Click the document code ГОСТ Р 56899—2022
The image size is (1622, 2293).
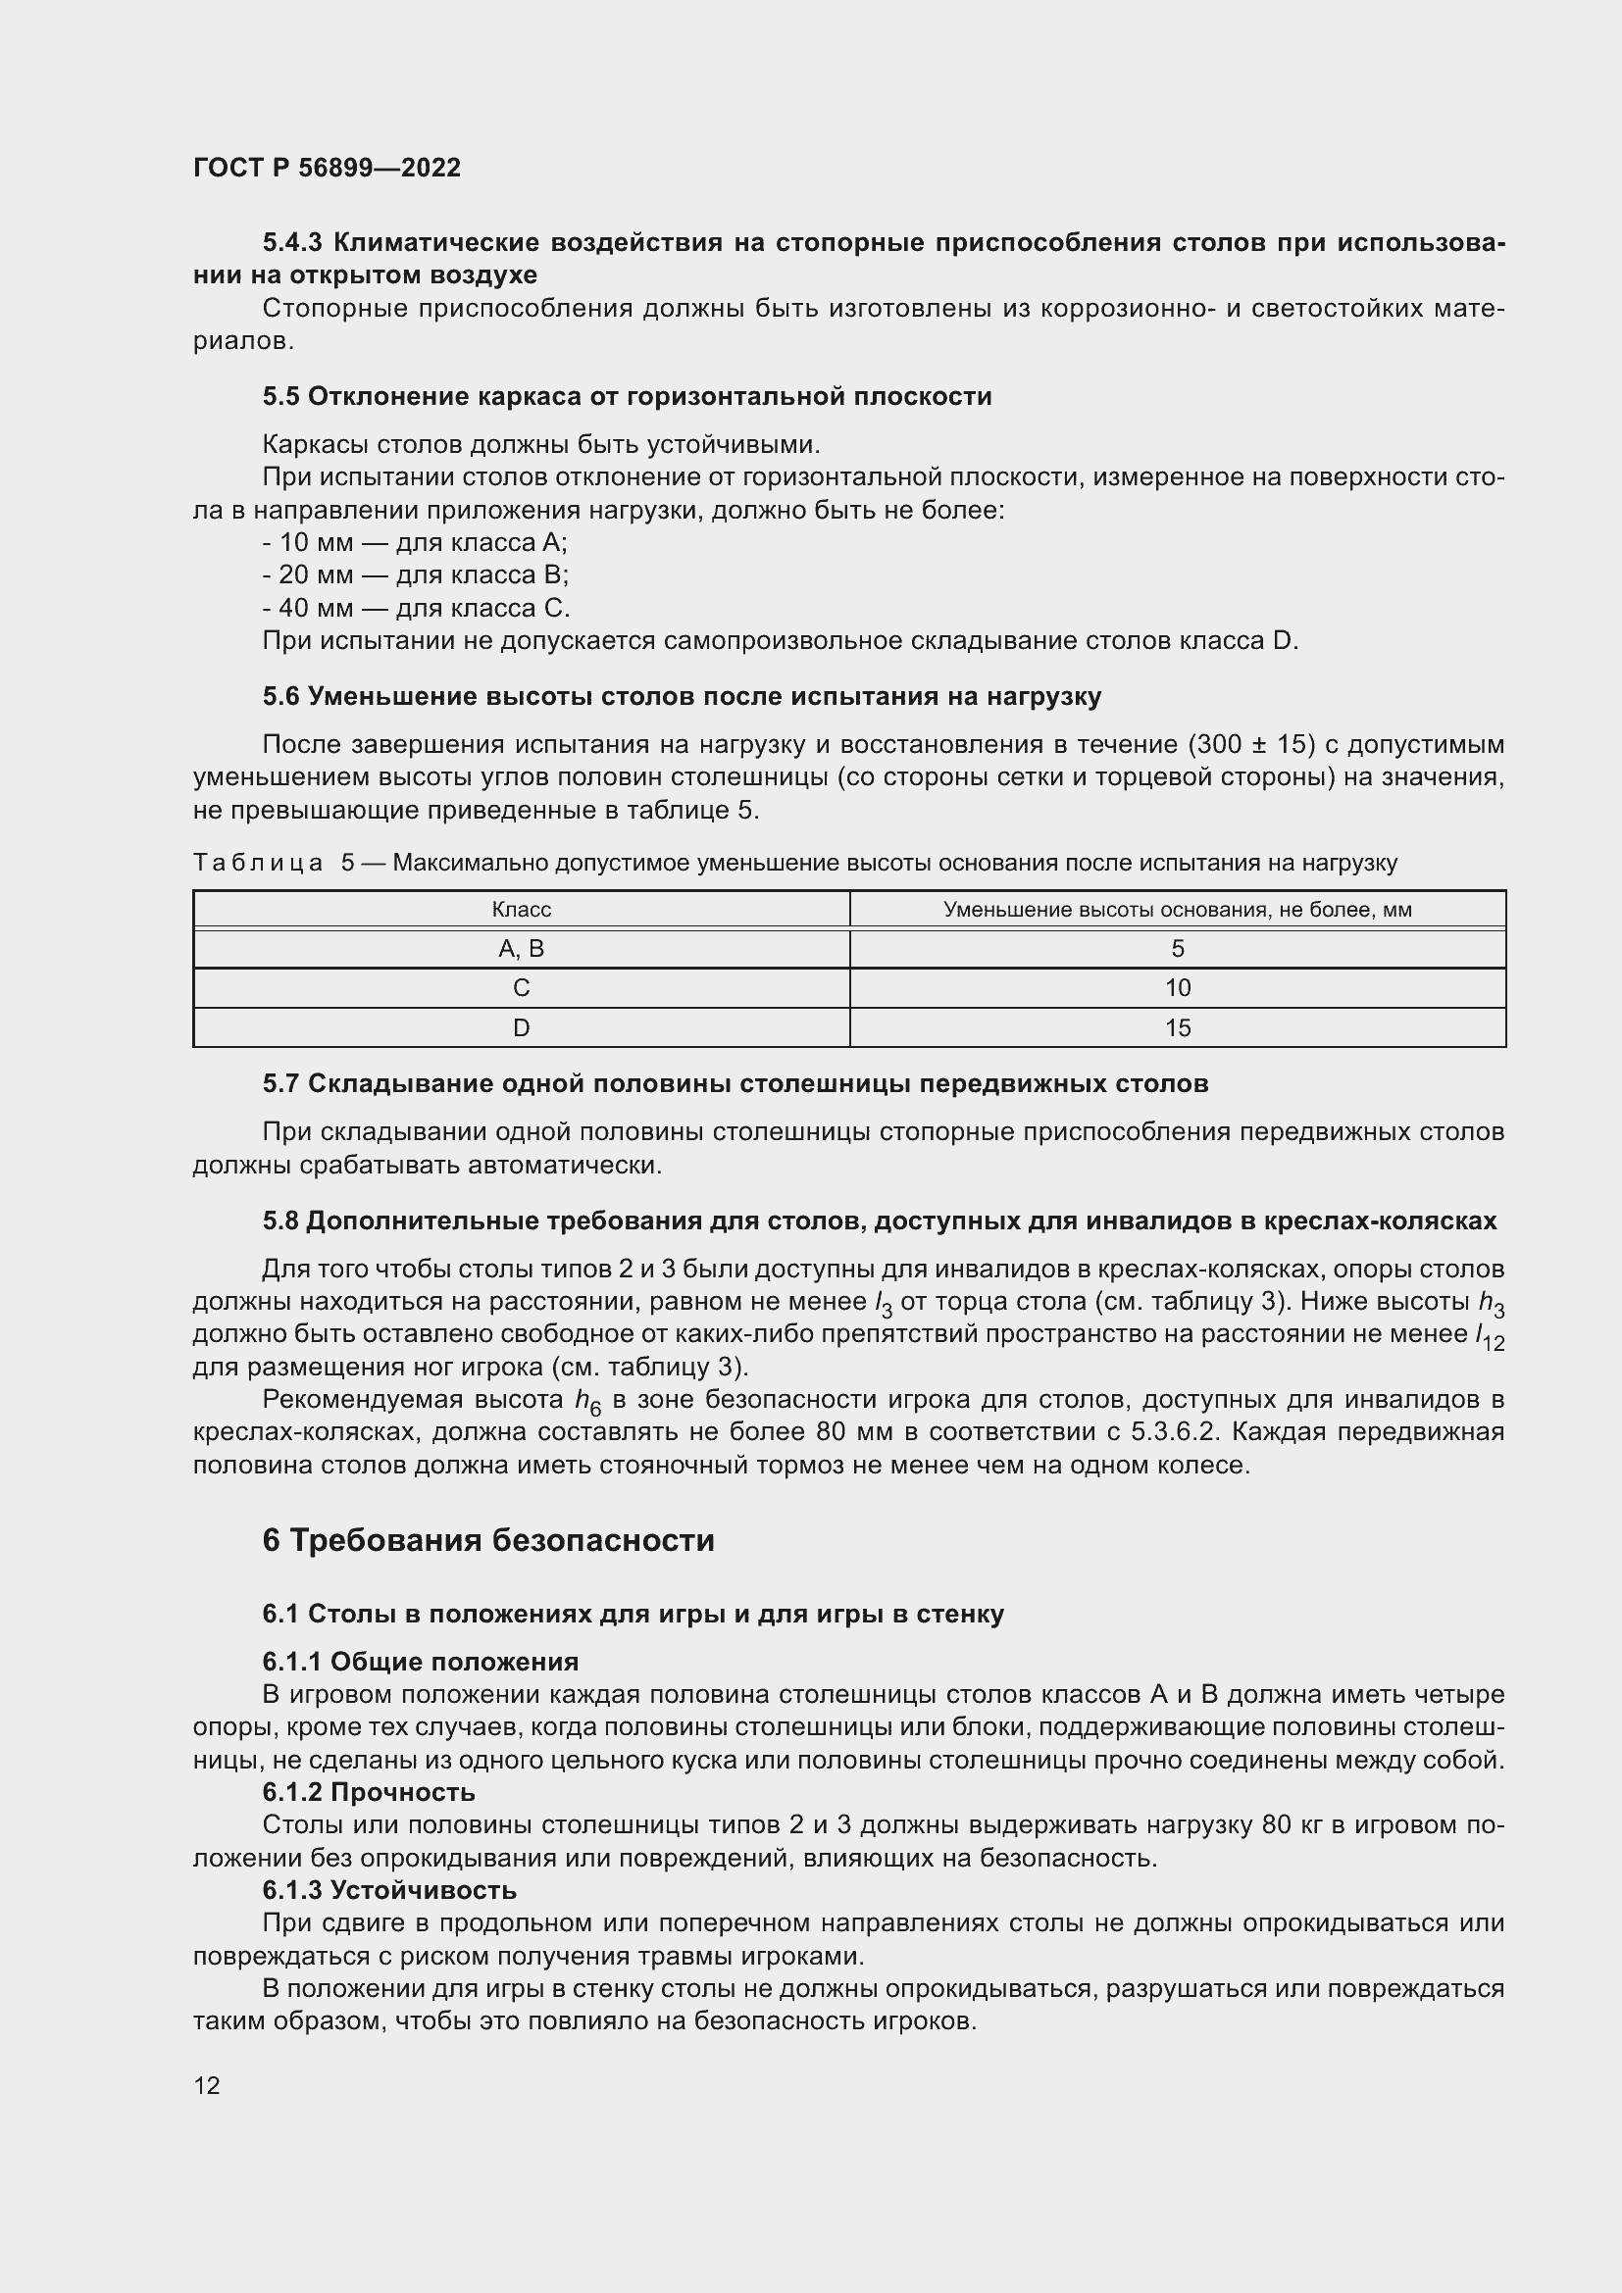tap(327, 168)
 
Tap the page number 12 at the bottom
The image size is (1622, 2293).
tap(207, 2085)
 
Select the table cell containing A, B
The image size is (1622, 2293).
tap(521, 949)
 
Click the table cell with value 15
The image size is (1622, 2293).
tap(1178, 1027)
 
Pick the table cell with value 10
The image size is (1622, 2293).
tap(1178, 988)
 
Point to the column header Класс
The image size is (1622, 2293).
tap(521, 910)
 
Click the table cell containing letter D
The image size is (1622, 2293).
tap(521, 1027)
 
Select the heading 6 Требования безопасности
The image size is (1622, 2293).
tap(488, 1540)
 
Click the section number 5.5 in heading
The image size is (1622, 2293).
tap(280, 396)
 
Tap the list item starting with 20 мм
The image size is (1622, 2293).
tap(416, 575)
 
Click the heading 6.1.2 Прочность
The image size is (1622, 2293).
tap(369, 1792)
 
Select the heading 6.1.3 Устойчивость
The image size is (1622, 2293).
tap(389, 1889)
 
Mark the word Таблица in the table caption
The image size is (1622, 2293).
tap(258, 863)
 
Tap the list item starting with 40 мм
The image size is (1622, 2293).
tap(416, 608)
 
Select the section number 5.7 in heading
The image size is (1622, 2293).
tap(280, 1083)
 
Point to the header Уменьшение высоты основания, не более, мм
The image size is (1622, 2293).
tap(1178, 910)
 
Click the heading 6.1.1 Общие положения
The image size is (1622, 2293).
tap(421, 1662)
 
